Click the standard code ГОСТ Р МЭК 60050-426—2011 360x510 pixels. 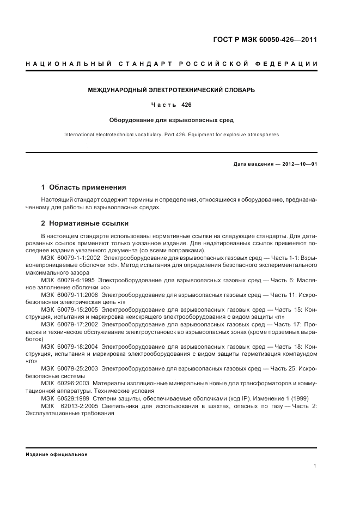coord(265,40)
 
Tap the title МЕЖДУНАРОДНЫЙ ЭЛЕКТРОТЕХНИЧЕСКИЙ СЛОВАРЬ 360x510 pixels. coord(171,89)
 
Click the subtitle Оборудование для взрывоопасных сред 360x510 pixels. coord(171,120)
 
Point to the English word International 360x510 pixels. coord(79,134)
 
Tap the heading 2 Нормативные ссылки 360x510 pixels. coord(85,223)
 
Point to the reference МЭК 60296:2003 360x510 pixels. coord(64,384)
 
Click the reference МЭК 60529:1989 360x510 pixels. coord(64,398)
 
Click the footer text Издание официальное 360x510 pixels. coord(57,454)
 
